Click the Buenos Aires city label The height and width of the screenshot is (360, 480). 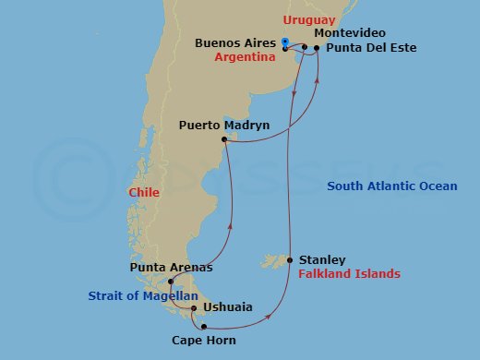pos(236,43)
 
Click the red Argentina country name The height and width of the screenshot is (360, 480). pos(246,57)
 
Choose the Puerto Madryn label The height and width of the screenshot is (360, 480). pos(223,124)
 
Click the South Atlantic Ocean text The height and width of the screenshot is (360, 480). pos(391,186)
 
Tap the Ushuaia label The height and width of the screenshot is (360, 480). pos(227,308)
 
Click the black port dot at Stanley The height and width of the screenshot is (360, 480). pos(290,260)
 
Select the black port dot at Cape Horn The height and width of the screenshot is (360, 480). pos(203,325)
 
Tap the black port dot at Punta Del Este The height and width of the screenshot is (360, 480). pos(317,47)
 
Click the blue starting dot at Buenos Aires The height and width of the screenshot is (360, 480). pos(285,42)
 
